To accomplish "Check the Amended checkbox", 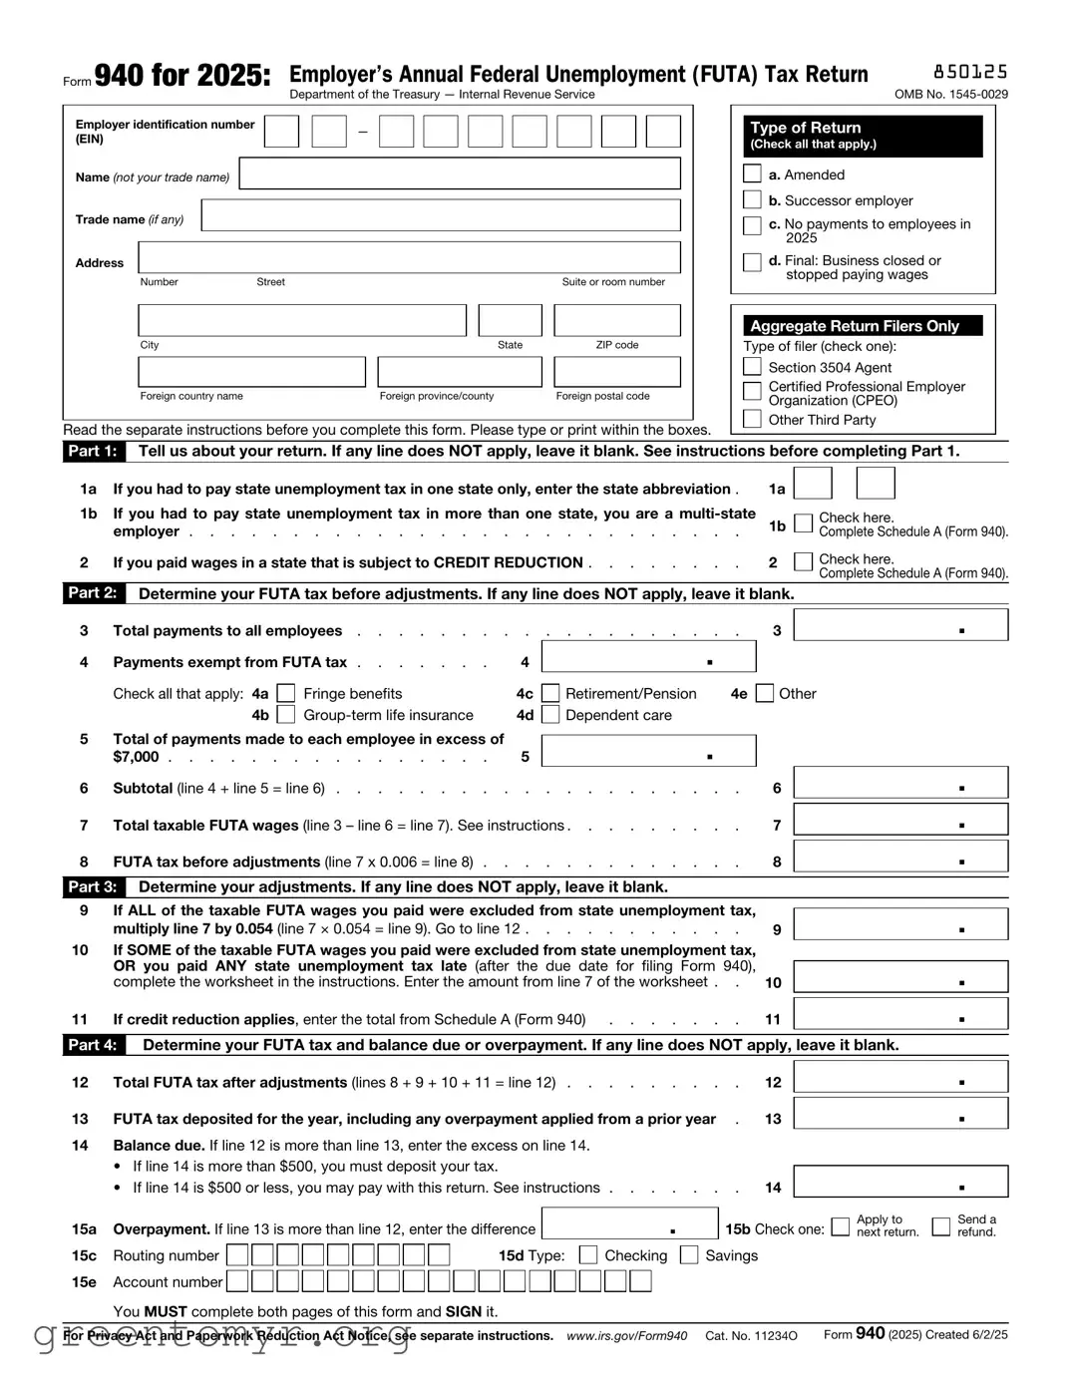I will [x=752, y=174].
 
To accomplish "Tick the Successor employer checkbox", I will [x=752, y=200].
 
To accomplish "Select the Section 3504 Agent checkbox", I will [x=752, y=367].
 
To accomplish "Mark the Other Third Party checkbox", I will [x=752, y=420].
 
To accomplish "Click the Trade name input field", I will [x=441, y=216].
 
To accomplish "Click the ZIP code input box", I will [x=616, y=321].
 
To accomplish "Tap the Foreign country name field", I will [x=251, y=372].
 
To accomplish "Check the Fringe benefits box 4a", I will [x=286, y=694].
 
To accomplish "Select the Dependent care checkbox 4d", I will [x=549, y=715].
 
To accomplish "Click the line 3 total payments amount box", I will [x=899, y=626].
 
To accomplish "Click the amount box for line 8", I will [x=899, y=858].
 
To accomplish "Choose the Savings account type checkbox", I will [x=689, y=1255].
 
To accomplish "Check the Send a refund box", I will [x=940, y=1226].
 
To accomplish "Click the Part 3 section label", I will [x=92, y=886].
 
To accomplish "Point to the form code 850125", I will [x=969, y=72].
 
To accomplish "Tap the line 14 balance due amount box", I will [x=899, y=1183].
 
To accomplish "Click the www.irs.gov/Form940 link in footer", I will [x=626, y=1336].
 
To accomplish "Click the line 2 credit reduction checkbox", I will [x=803, y=562].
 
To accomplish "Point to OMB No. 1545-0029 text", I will [x=950, y=95].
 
